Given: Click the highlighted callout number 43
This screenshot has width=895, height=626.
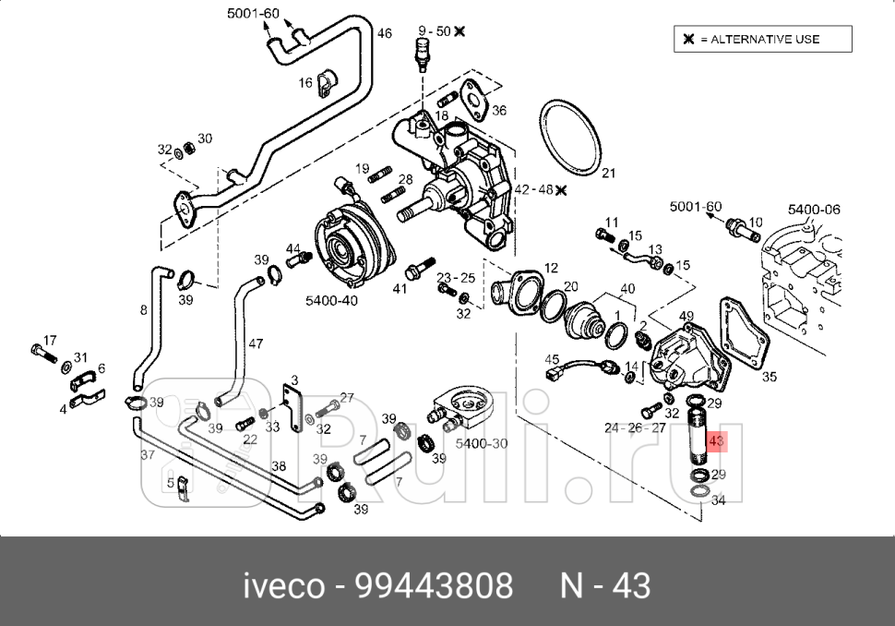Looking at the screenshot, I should (716, 442).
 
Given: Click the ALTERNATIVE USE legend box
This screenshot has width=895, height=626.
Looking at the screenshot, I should (761, 39).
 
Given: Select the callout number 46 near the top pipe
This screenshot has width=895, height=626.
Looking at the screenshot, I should (385, 33).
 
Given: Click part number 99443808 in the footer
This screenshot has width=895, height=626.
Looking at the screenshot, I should (434, 586).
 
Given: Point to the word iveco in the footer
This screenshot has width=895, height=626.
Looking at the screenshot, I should (284, 586).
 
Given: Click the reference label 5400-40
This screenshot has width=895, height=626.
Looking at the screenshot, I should (331, 300).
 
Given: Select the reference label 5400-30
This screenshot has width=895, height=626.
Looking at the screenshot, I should (482, 443).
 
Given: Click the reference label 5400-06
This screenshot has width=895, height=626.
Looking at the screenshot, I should (813, 210).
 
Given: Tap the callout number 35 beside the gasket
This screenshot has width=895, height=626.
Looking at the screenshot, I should (769, 377).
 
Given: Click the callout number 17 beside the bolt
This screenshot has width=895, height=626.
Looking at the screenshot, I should (50, 340).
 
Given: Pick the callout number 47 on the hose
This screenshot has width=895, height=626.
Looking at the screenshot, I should (256, 344).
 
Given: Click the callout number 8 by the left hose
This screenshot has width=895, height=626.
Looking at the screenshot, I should (143, 310).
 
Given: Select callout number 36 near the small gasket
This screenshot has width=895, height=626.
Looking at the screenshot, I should (499, 110).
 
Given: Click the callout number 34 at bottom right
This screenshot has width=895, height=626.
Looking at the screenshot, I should (718, 500).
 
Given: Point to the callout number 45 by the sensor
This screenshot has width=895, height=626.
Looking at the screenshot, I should (552, 360).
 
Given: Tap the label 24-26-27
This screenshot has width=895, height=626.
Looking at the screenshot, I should (635, 427).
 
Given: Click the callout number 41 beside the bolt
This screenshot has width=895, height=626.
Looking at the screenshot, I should (400, 289).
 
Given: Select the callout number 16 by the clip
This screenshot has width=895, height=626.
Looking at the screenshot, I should (305, 83).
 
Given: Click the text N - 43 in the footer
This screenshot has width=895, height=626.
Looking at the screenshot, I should (605, 586).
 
